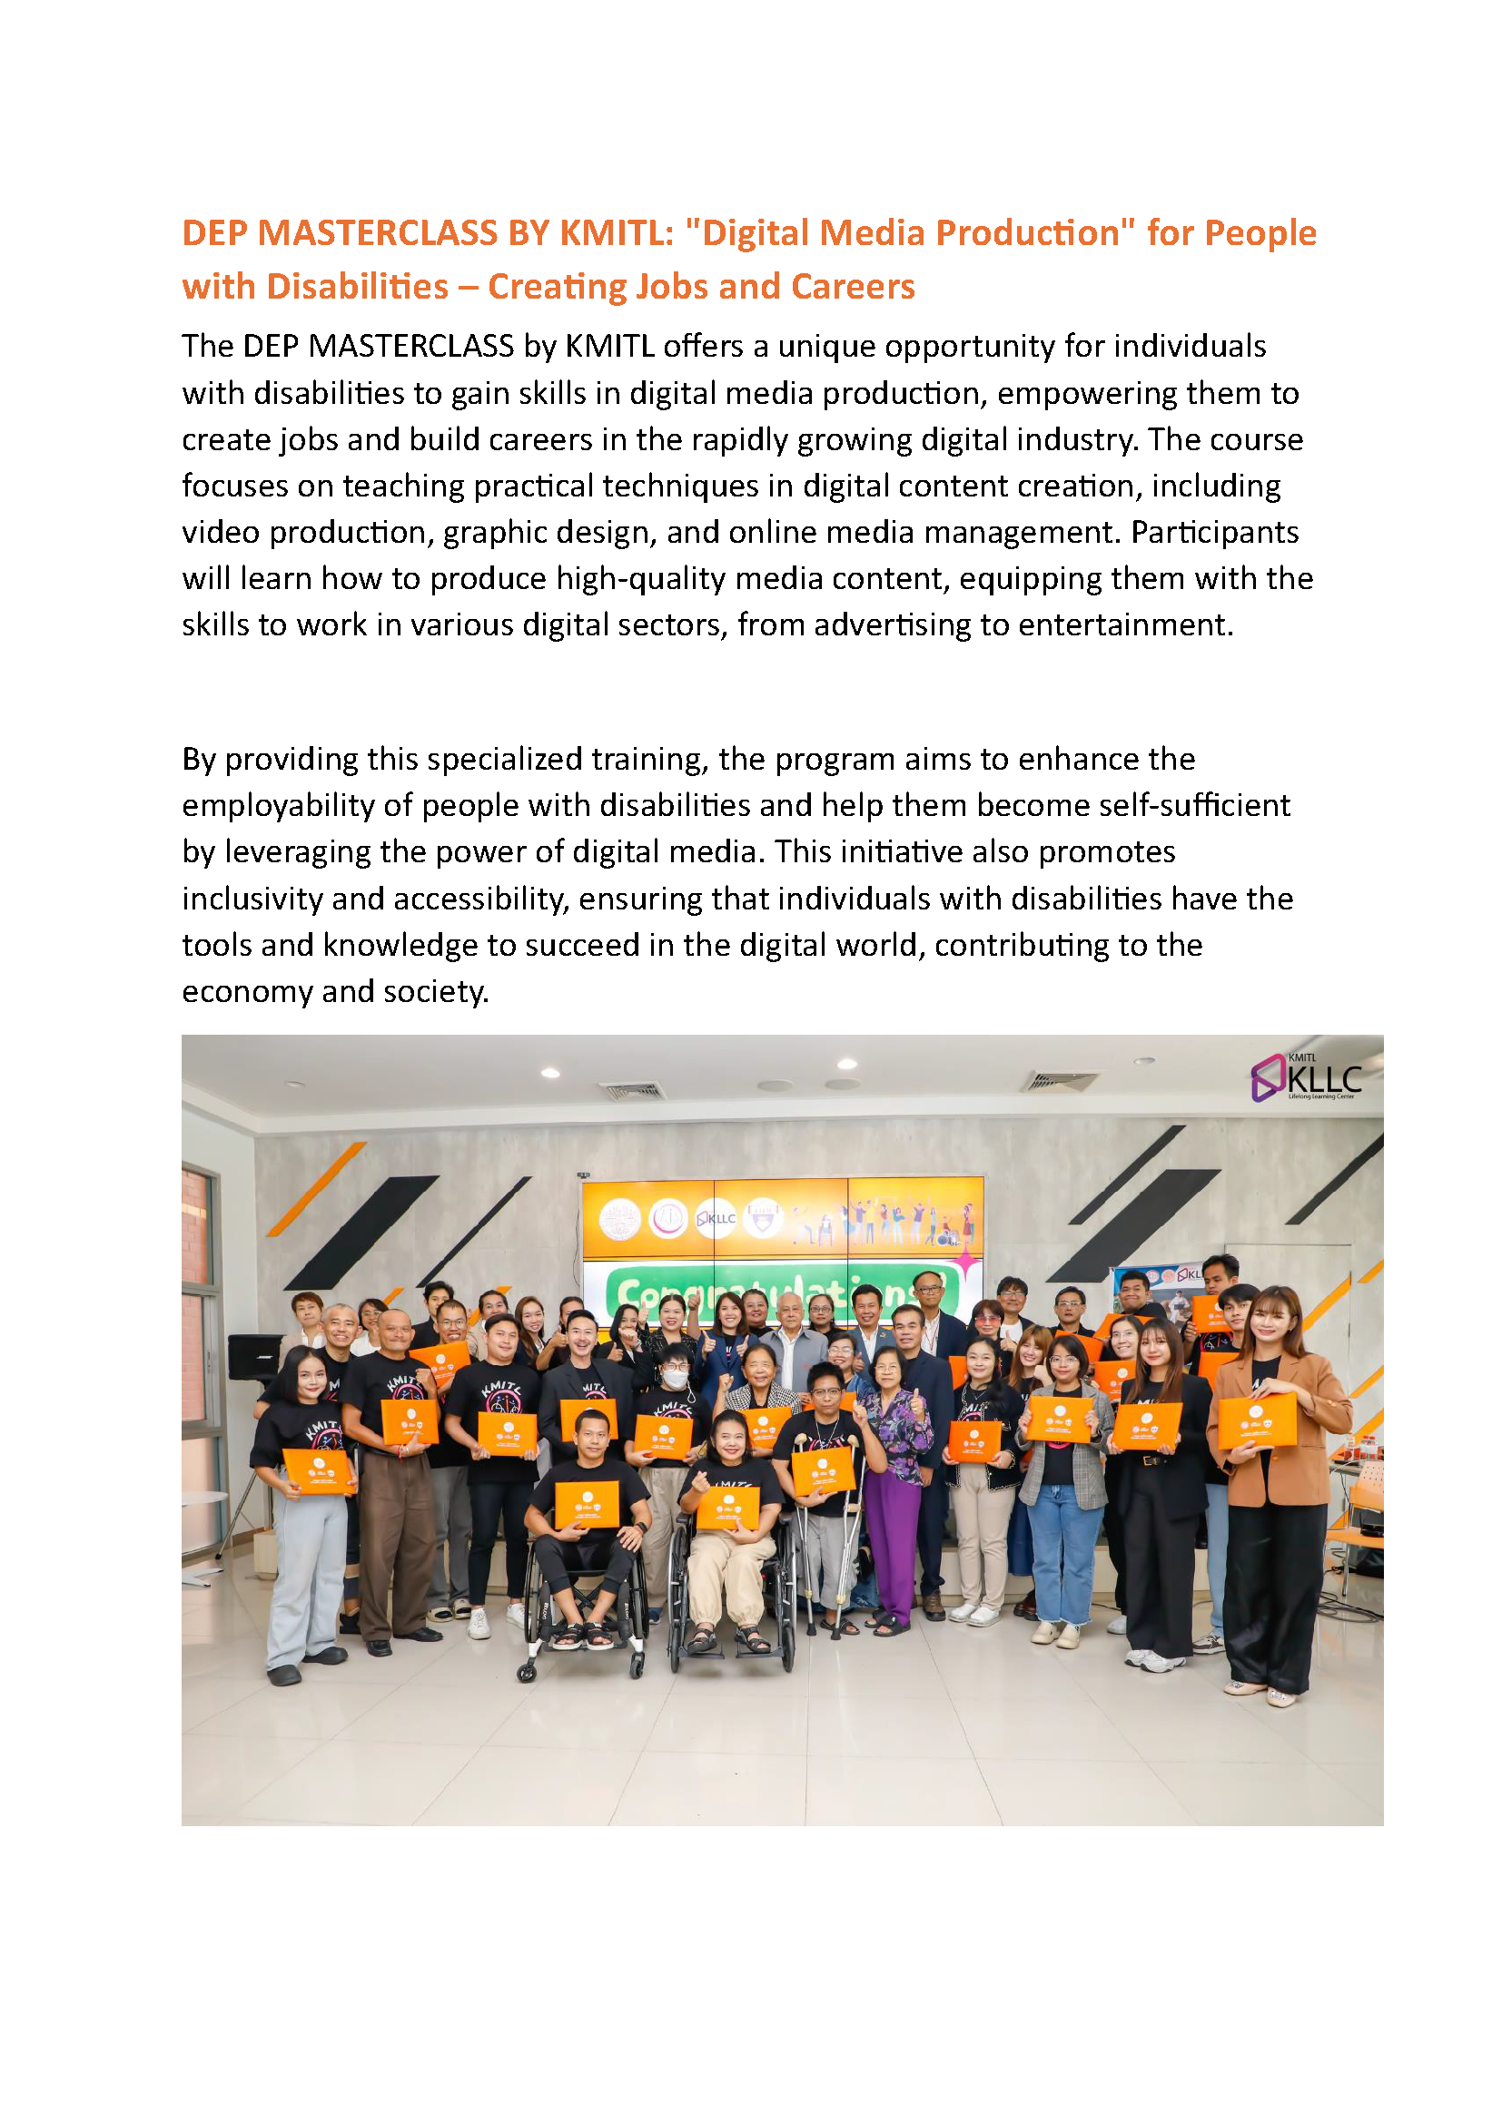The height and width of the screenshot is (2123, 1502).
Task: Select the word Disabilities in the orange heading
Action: coord(356,287)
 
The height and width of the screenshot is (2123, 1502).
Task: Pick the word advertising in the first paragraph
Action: coord(893,625)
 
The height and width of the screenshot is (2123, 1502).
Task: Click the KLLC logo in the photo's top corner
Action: coord(1305,1078)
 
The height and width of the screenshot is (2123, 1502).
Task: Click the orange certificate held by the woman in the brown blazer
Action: coord(1257,1421)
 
